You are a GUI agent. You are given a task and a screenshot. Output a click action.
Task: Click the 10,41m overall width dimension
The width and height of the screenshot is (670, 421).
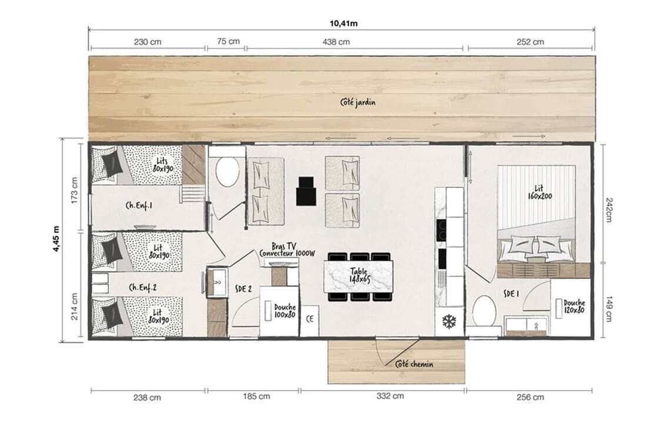click(x=344, y=23)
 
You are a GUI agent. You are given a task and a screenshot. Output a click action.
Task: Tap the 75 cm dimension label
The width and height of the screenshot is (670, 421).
click(x=228, y=42)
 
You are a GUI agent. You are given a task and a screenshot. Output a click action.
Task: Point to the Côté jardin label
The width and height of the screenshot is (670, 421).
click(x=358, y=102)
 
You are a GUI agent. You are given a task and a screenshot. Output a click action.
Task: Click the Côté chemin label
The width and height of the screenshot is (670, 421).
click(x=414, y=364)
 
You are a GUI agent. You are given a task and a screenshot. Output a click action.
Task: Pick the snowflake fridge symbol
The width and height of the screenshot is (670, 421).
click(x=449, y=322)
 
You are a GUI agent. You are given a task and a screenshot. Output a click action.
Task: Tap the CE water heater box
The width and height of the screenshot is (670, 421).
click(x=310, y=319)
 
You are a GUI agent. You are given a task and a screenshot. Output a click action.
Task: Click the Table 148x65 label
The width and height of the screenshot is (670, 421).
click(x=359, y=275)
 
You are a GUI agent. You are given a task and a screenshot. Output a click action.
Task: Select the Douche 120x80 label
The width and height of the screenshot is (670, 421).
click(x=574, y=307)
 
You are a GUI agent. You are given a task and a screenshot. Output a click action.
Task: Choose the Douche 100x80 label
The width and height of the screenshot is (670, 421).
click(x=284, y=311)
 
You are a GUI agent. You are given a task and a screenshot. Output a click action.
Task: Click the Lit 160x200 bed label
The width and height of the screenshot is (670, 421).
click(x=540, y=192)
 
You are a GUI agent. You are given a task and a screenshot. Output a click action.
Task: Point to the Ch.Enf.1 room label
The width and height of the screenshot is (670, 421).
click(x=139, y=206)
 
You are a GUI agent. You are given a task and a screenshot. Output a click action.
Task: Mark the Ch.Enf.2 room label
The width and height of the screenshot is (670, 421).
click(x=143, y=287)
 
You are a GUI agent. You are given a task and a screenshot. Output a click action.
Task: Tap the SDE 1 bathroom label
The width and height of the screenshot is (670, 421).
click(x=511, y=294)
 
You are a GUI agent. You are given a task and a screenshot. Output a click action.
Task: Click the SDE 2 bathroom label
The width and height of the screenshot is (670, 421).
click(x=243, y=289)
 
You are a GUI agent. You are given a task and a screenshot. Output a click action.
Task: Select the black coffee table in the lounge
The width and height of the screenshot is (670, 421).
click(x=306, y=191)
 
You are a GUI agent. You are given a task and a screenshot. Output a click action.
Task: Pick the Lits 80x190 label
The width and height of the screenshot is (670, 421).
click(x=163, y=165)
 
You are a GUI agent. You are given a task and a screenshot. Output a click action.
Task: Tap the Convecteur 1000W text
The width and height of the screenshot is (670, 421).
click(x=287, y=254)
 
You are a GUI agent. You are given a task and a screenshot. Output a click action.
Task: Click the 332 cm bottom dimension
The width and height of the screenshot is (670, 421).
click(x=390, y=396)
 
